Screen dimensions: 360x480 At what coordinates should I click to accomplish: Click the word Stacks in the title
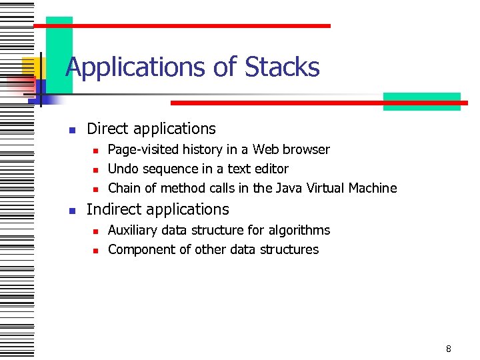point(282,67)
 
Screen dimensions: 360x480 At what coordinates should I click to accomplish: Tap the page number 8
point(449,349)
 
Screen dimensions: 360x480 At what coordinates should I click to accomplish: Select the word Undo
point(122,169)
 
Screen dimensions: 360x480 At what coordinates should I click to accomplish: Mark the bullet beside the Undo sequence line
point(95,170)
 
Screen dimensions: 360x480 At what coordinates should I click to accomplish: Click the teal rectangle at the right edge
point(421,101)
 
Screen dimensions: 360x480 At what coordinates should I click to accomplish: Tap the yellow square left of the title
point(30,67)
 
